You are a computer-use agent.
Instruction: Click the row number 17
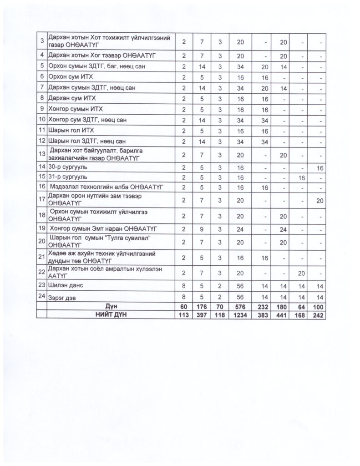41,198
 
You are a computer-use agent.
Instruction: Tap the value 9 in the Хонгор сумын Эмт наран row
202,228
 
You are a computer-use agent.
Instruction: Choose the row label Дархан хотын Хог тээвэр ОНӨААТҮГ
102,56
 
